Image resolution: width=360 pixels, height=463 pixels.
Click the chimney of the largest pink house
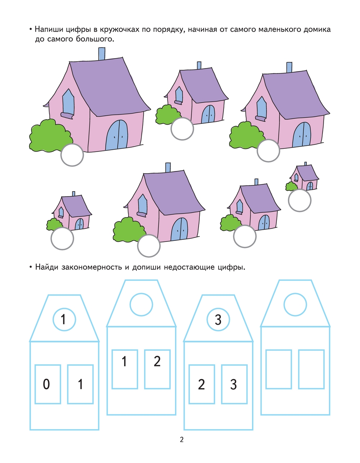102,54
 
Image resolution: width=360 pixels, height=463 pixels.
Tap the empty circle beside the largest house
72,155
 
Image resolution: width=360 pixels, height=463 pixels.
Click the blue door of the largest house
117,135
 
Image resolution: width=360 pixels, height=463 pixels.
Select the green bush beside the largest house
51,135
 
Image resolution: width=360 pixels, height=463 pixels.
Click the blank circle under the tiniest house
300,200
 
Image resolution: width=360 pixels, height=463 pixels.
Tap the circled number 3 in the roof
218,319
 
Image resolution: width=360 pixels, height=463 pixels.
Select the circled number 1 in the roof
64,319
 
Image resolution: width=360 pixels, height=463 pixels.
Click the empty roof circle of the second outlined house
141,305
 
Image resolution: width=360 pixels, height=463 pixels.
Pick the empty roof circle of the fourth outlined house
295,305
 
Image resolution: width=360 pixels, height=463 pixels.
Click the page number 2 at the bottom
181,440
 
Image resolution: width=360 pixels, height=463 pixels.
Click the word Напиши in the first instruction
49,30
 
